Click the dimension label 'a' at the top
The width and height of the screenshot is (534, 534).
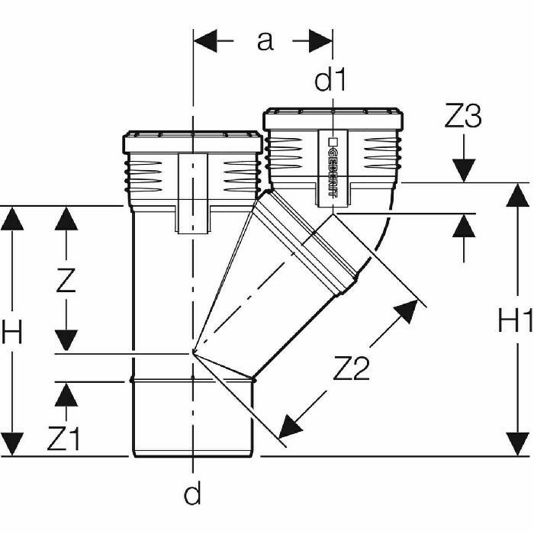coord(264,41)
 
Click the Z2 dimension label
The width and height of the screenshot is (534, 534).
coord(352,370)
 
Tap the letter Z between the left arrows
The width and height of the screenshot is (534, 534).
coord(67,282)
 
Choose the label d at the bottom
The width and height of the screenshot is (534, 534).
coord(193,495)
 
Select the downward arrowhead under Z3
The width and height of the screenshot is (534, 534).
coord(463,171)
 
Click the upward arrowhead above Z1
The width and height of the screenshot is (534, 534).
coord(67,394)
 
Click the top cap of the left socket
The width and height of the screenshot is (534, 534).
coord(192,143)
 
